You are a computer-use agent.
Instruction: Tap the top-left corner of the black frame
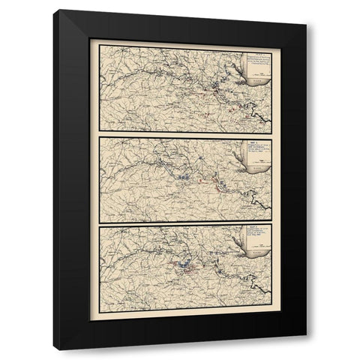[59, 11]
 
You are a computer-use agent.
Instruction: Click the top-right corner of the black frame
[305, 11]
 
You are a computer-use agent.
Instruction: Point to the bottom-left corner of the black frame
[59, 348]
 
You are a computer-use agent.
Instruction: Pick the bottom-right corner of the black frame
[305, 348]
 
